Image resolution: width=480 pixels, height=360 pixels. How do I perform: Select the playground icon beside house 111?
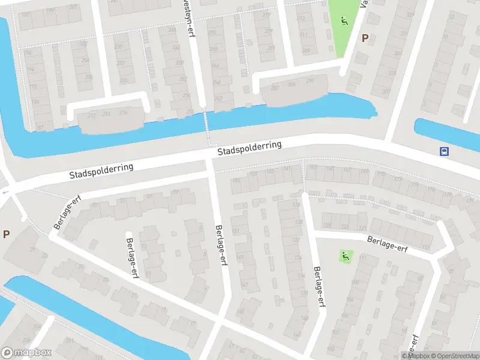pyautogui.click(x=345, y=256)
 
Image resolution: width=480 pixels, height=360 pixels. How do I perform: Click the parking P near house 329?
pyautogui.click(x=364, y=38)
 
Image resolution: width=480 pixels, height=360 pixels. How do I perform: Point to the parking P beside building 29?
pyautogui.click(x=6, y=234)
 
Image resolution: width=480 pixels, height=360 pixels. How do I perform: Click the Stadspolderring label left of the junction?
pyautogui.click(x=101, y=172)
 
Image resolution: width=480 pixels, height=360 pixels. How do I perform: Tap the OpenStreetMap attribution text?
pyautogui.click(x=452, y=356)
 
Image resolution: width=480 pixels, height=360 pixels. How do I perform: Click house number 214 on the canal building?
pyautogui.click(x=106, y=113)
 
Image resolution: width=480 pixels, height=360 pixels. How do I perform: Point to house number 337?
pyautogui.click(x=386, y=92)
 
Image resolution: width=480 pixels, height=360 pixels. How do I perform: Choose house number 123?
pyautogui.click(x=344, y=226)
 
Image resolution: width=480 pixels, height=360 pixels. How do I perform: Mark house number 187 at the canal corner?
pyautogui.click(x=40, y=127)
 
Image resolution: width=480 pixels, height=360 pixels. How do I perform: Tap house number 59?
pyautogui.click(x=175, y=192)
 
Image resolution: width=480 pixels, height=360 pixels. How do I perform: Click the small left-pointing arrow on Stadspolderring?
pyautogui.click(x=5, y=193)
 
